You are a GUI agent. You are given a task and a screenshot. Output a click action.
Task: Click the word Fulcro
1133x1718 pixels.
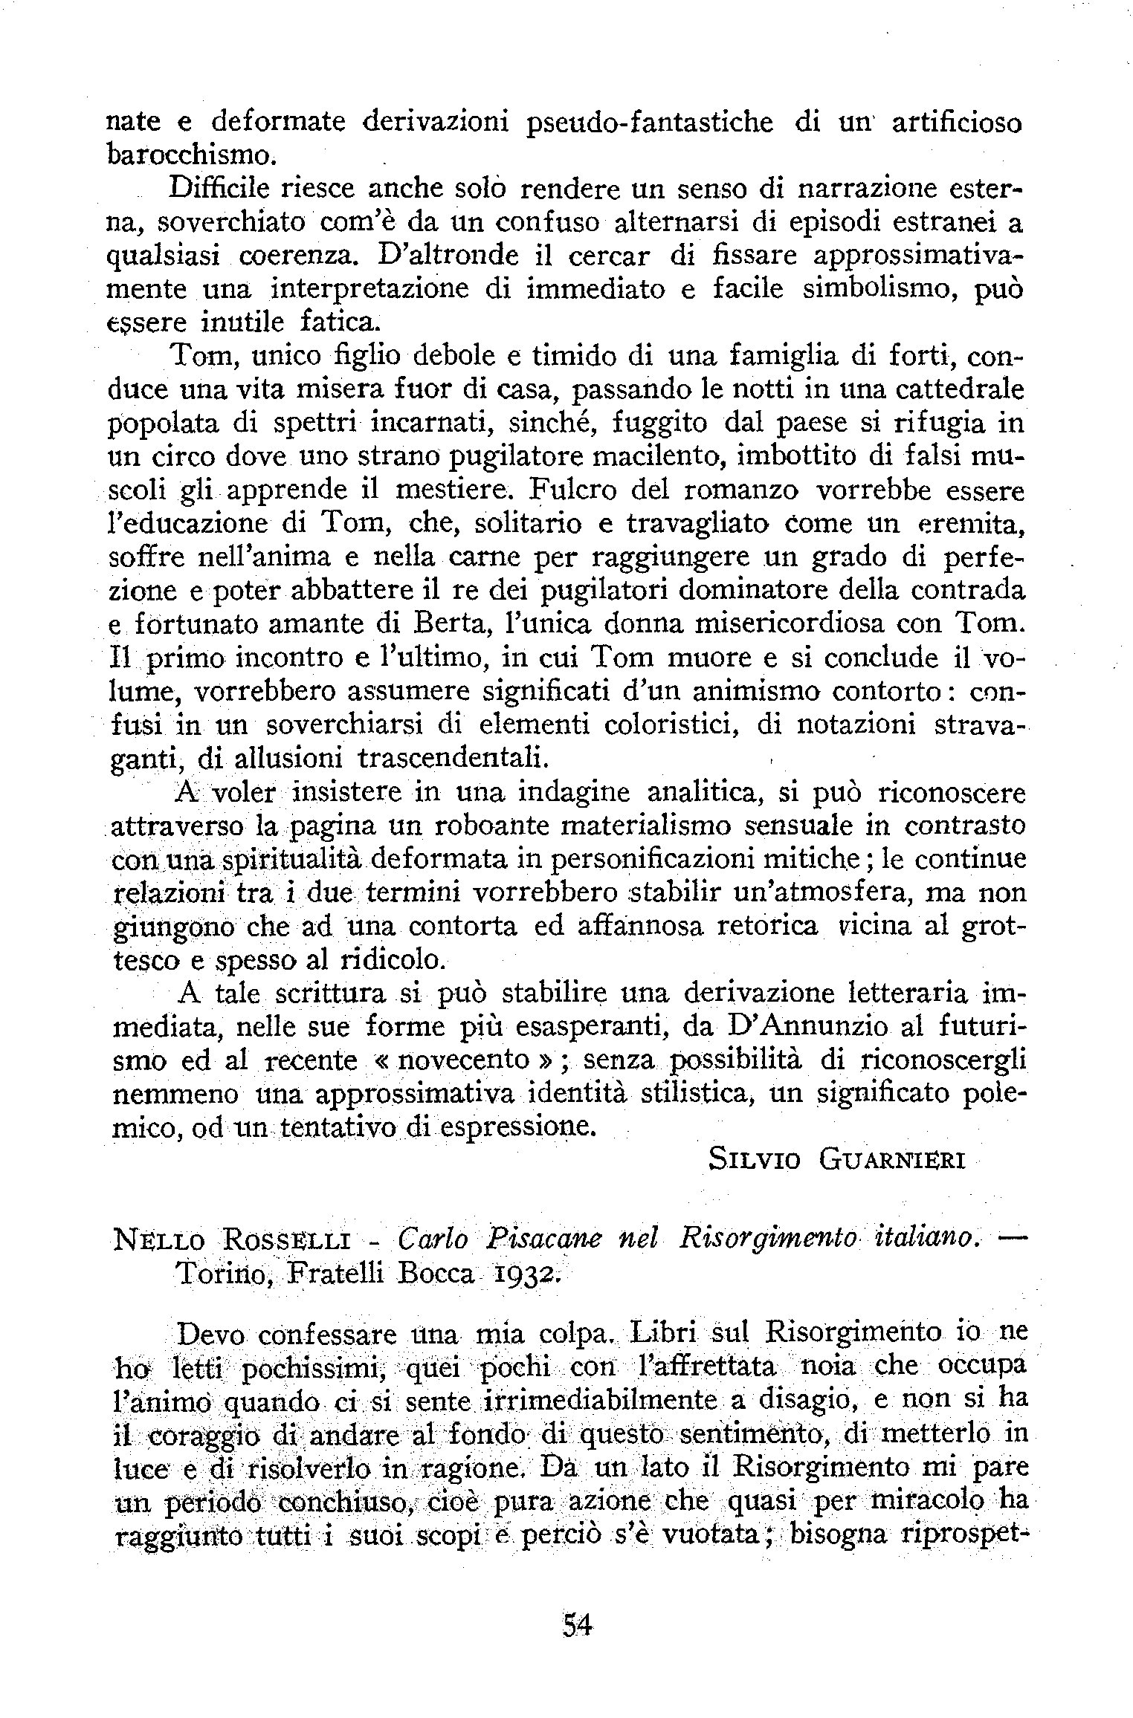(x=571, y=490)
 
